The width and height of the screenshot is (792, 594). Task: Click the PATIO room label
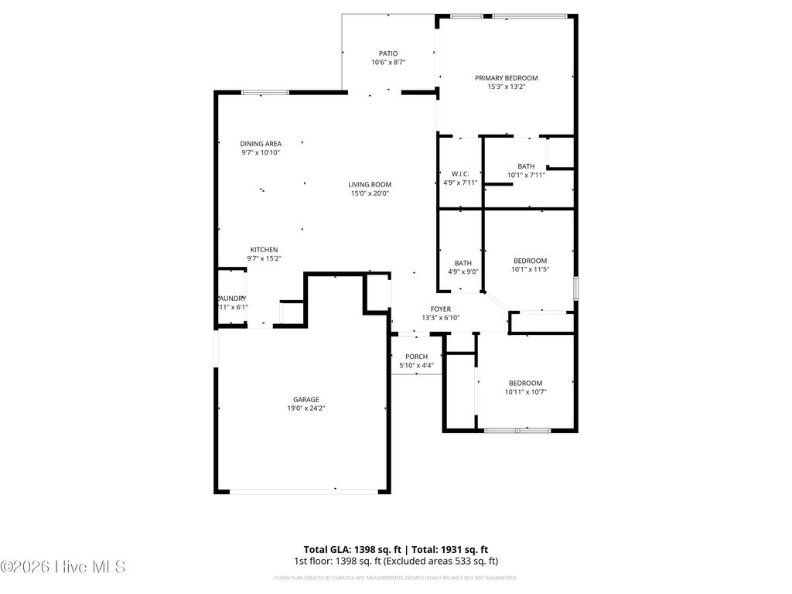coord(388,53)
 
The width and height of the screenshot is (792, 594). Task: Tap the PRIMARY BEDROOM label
coord(506,78)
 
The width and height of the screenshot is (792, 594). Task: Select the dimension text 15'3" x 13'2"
coord(506,87)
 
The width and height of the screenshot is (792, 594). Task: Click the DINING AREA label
coord(260,144)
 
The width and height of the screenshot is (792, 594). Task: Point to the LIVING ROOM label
coord(369,185)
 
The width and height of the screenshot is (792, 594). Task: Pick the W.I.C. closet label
coord(460,174)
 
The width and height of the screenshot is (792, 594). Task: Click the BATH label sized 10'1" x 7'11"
coord(526,166)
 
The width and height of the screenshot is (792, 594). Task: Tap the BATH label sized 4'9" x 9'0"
coord(463,263)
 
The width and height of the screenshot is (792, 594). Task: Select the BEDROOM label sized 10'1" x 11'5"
coord(530,261)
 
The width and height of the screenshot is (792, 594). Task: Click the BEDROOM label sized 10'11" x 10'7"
coord(525,383)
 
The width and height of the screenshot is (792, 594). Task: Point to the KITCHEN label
coord(263,250)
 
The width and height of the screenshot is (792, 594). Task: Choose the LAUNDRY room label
coord(231,299)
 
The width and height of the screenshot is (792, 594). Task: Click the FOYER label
coord(441,309)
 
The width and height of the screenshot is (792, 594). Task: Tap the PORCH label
coord(416,357)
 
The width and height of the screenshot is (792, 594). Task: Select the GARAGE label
coord(306,399)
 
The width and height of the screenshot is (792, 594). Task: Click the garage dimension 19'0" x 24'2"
coord(306,408)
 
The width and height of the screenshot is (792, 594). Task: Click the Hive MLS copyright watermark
coord(63,567)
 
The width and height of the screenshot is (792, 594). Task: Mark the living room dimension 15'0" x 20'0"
coord(369,194)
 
